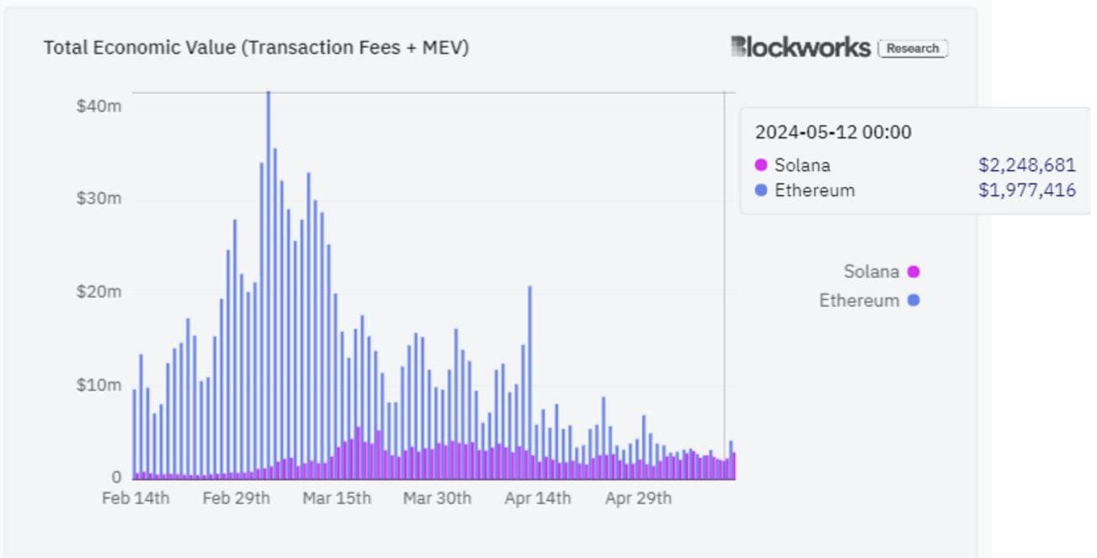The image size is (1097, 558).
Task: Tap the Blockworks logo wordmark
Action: click(x=800, y=47)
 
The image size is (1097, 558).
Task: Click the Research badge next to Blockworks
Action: click(x=913, y=49)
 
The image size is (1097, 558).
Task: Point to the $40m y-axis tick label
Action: click(x=99, y=106)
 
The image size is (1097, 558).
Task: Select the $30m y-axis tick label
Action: click(x=99, y=199)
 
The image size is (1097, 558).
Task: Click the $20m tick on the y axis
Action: click(x=99, y=292)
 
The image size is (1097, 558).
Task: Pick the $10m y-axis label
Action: click(x=99, y=385)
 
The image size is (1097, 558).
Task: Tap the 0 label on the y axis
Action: click(x=116, y=477)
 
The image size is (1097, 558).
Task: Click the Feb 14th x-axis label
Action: click(x=136, y=498)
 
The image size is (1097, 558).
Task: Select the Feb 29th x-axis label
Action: click(x=236, y=498)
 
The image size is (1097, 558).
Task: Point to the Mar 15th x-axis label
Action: click(x=336, y=498)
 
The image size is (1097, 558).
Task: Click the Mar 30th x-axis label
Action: click(x=437, y=498)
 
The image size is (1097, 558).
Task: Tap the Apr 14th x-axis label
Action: click(x=537, y=498)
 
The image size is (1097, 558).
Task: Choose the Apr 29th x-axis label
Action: click(x=638, y=498)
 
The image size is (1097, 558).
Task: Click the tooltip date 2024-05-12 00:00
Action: click(x=833, y=132)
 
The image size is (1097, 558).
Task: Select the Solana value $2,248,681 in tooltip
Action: click(x=1026, y=165)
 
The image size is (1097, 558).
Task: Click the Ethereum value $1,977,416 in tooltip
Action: click(x=1026, y=190)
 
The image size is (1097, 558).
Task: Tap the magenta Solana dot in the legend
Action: click(x=913, y=272)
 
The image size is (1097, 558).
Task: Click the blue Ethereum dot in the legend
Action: click(x=913, y=300)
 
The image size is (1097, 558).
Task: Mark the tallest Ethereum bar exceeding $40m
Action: click(x=268, y=252)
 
